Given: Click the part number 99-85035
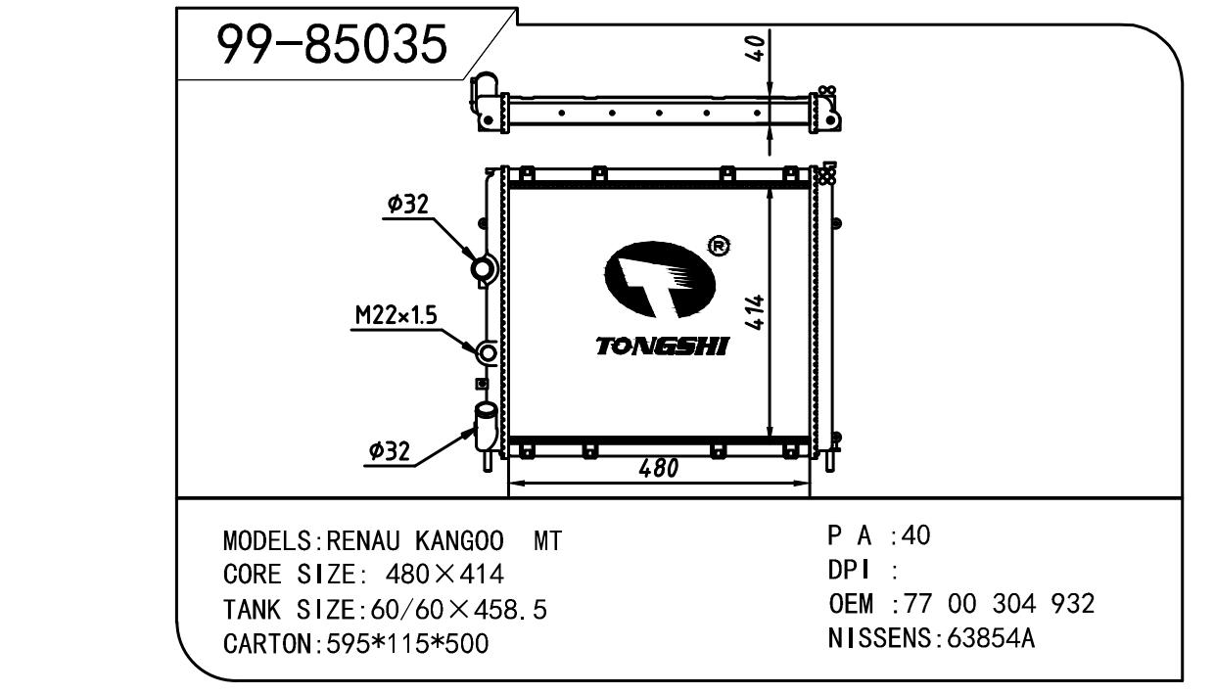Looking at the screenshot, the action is pyautogui.click(x=332, y=44).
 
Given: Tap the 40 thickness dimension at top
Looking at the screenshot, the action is pyautogui.click(x=756, y=48).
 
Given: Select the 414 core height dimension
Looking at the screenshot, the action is pyautogui.click(x=755, y=312).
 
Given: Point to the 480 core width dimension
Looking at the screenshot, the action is pyautogui.click(x=658, y=469).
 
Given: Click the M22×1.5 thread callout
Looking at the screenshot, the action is pyautogui.click(x=397, y=315).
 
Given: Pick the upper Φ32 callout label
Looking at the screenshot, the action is pyautogui.click(x=408, y=205).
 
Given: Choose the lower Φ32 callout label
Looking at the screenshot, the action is pyautogui.click(x=389, y=450).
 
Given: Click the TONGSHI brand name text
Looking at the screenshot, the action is pyautogui.click(x=662, y=347).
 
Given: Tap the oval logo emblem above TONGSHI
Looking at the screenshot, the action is pyautogui.click(x=660, y=280).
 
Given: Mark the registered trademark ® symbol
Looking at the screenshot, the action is pyautogui.click(x=720, y=246).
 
